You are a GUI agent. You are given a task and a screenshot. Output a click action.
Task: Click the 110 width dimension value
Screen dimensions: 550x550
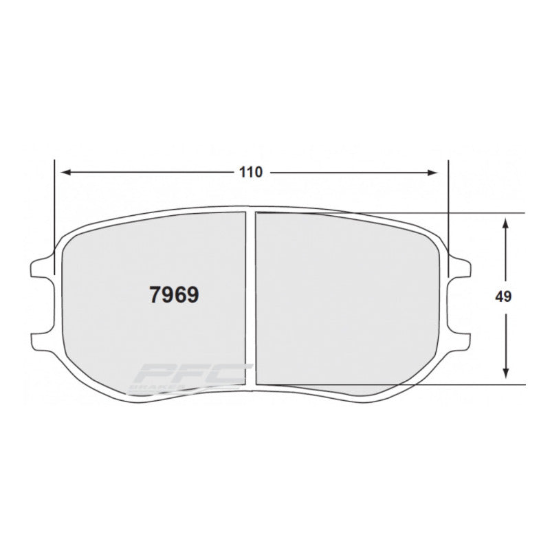(251, 173)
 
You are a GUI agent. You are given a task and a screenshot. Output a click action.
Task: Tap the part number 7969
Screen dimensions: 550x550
(174, 296)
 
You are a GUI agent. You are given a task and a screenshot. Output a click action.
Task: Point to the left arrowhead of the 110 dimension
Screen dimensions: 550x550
(62, 173)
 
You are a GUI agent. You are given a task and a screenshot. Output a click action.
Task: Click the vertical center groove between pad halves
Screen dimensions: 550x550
(251, 296)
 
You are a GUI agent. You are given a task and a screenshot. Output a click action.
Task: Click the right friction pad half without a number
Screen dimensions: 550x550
(344, 296)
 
